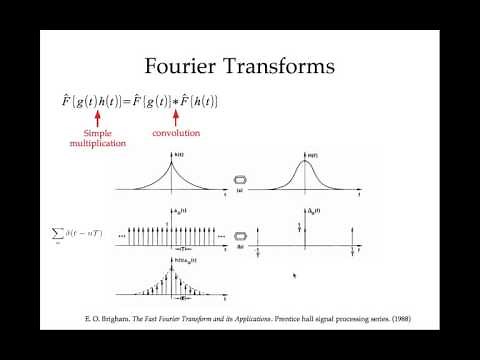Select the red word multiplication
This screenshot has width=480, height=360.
[97, 143]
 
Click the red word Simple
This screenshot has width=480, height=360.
[97, 133]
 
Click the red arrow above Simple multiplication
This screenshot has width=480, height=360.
[97, 119]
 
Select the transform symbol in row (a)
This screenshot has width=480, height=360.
[239, 180]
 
